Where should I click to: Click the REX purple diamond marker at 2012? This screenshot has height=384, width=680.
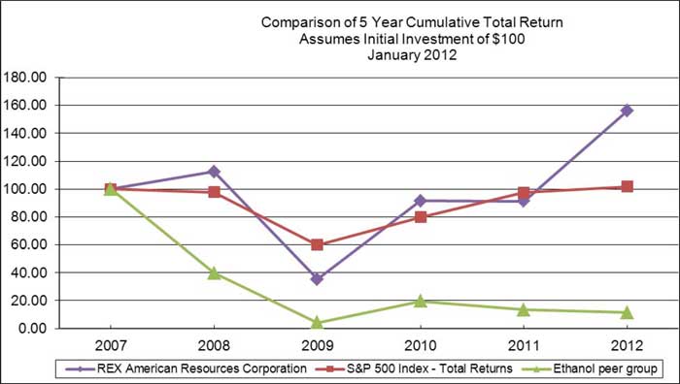coord(627,111)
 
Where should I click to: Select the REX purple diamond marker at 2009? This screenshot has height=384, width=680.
coord(317,279)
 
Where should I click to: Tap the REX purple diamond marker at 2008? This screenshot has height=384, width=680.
coord(214,172)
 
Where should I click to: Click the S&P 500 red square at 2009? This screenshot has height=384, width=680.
coord(317,244)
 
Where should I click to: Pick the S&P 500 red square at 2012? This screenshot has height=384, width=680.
coord(627,186)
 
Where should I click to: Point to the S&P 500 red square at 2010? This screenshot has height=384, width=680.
coord(420,217)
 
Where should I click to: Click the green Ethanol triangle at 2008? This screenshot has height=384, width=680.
coord(214,272)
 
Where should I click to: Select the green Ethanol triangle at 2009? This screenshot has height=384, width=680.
coord(317,322)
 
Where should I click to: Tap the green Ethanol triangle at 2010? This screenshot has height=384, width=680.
coord(420,301)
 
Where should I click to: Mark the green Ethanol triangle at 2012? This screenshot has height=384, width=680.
coord(627,312)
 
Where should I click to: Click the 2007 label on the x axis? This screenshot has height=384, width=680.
coord(110,346)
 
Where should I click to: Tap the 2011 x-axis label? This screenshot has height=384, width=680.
coord(524,346)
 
